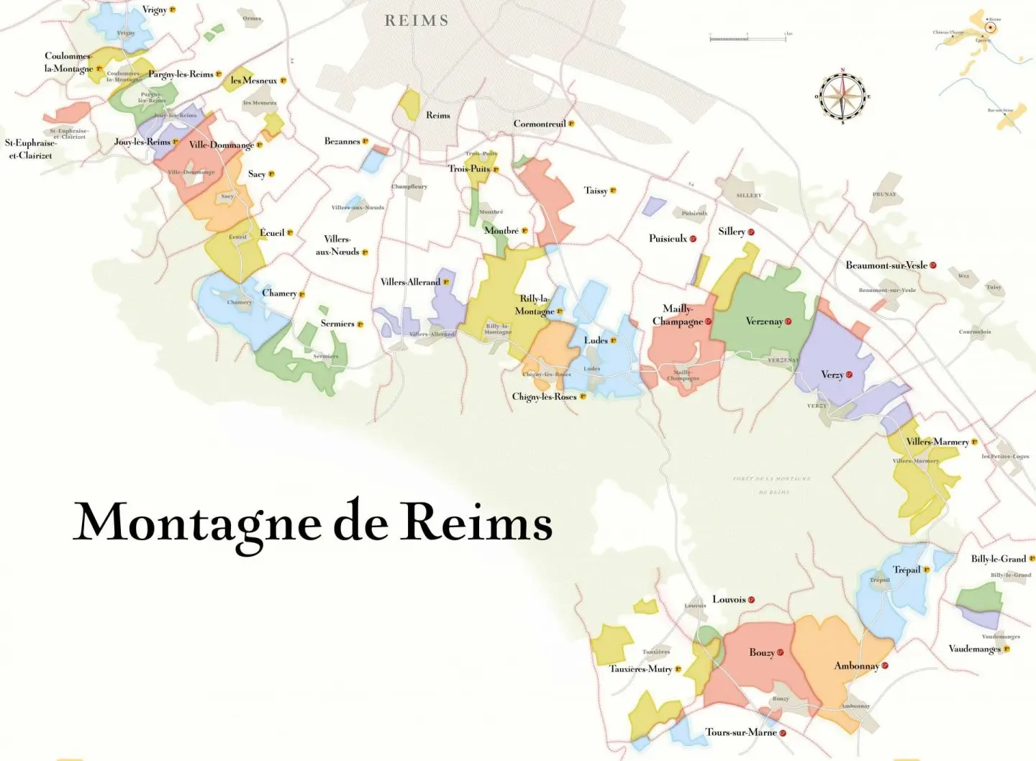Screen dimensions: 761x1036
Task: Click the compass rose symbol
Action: [842, 96]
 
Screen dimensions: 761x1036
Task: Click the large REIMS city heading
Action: [417, 21]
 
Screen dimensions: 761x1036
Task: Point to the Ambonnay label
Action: [856, 666]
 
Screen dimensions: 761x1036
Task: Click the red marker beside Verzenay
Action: [789, 322]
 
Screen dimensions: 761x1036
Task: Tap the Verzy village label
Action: [832, 375]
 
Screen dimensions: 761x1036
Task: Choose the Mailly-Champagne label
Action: [677, 315]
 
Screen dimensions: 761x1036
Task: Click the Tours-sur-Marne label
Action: [740, 732]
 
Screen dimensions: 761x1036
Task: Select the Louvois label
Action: [728, 599]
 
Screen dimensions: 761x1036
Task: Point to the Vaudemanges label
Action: [975, 649]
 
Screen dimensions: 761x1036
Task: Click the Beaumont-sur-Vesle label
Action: [886, 265]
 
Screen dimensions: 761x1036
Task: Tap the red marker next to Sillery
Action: [751, 232]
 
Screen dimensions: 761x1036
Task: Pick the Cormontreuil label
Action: [540, 124]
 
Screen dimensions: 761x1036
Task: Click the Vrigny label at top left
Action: [155, 10]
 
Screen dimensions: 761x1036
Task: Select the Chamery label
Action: [279, 293]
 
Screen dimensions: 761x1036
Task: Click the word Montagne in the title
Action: [197, 523]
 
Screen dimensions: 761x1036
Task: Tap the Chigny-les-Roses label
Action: [545, 396]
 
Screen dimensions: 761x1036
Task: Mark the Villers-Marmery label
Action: [937, 442]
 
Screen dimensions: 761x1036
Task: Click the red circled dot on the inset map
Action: [990, 28]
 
